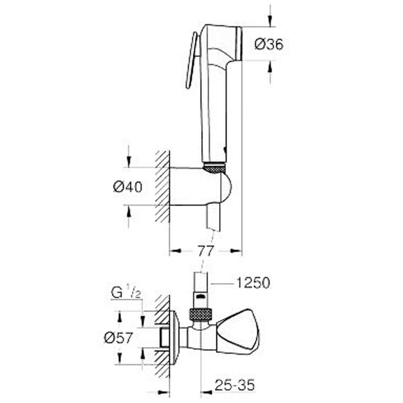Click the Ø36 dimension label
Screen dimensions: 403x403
pyautogui.click(x=269, y=44)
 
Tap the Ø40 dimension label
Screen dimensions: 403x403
pyautogui.click(x=127, y=186)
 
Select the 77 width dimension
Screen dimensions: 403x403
pyautogui.click(x=206, y=250)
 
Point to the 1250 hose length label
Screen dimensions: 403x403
pyautogui.click(x=253, y=283)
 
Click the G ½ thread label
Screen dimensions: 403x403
pyautogui.click(x=126, y=293)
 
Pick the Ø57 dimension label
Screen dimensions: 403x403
pyautogui.click(x=118, y=338)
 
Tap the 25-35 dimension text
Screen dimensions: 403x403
pyautogui.click(x=234, y=385)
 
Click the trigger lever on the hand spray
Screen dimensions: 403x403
pyautogui.click(x=192, y=60)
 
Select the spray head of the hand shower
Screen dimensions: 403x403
pyautogui.click(x=222, y=43)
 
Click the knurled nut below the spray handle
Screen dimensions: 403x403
pyautogui.click(x=214, y=167)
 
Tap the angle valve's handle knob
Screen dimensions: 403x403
pyautogui.click(x=238, y=332)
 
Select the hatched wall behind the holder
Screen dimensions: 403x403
pyautogui.click(x=162, y=186)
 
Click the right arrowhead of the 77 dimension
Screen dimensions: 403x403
pyautogui.click(x=236, y=251)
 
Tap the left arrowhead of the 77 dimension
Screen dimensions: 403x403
pyautogui.click(x=175, y=251)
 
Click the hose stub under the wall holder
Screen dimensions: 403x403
pyautogui.click(x=214, y=217)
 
